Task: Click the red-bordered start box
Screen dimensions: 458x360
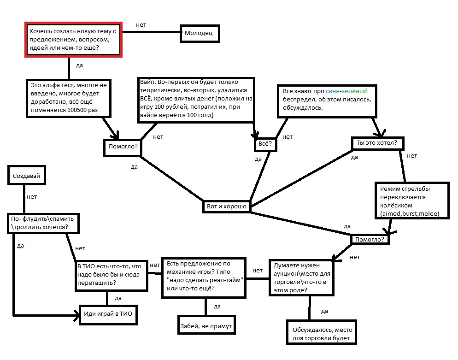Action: coord(73,40)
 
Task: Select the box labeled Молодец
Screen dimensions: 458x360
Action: coord(200,33)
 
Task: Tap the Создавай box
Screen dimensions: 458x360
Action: coord(27,175)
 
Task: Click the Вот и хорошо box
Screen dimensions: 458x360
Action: coord(227,207)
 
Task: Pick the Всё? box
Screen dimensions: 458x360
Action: coord(265,144)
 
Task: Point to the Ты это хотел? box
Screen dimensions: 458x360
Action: coord(378,143)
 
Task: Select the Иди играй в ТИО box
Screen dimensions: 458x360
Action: coord(108,315)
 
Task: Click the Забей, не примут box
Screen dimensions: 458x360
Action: coord(206,325)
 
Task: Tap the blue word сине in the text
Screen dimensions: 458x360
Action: coord(332,91)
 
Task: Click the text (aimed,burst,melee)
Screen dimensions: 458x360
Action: coord(410,213)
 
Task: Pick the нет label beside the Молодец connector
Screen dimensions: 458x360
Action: coord(141,25)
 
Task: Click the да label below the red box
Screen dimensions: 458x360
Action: coord(79,65)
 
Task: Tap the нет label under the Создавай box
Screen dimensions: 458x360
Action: coord(32,197)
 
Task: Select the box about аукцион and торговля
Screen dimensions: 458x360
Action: coord(301,277)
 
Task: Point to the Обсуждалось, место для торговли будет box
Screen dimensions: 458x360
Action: coord(322,332)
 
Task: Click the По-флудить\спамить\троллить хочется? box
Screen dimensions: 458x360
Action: coord(43,224)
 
